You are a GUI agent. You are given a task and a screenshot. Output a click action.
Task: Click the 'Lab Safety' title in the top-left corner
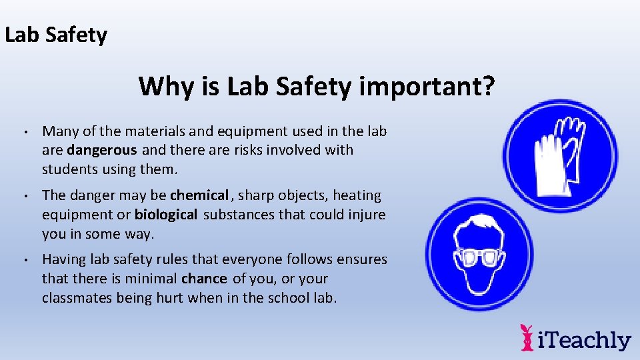55,35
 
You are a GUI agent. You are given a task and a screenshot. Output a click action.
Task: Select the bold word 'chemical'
199,195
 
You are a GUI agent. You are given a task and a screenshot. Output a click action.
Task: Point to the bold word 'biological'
166,215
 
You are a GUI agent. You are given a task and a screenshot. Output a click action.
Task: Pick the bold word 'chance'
204,279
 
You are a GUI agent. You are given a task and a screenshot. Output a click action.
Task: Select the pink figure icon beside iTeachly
527,338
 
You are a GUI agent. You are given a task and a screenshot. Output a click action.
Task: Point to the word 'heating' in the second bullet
357,195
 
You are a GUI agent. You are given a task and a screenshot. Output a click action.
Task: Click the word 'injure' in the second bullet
367,215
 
